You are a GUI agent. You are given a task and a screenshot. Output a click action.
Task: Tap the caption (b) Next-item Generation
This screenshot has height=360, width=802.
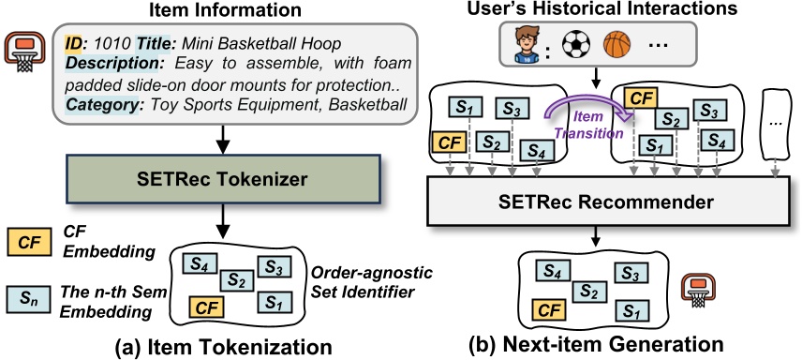(609, 343)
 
